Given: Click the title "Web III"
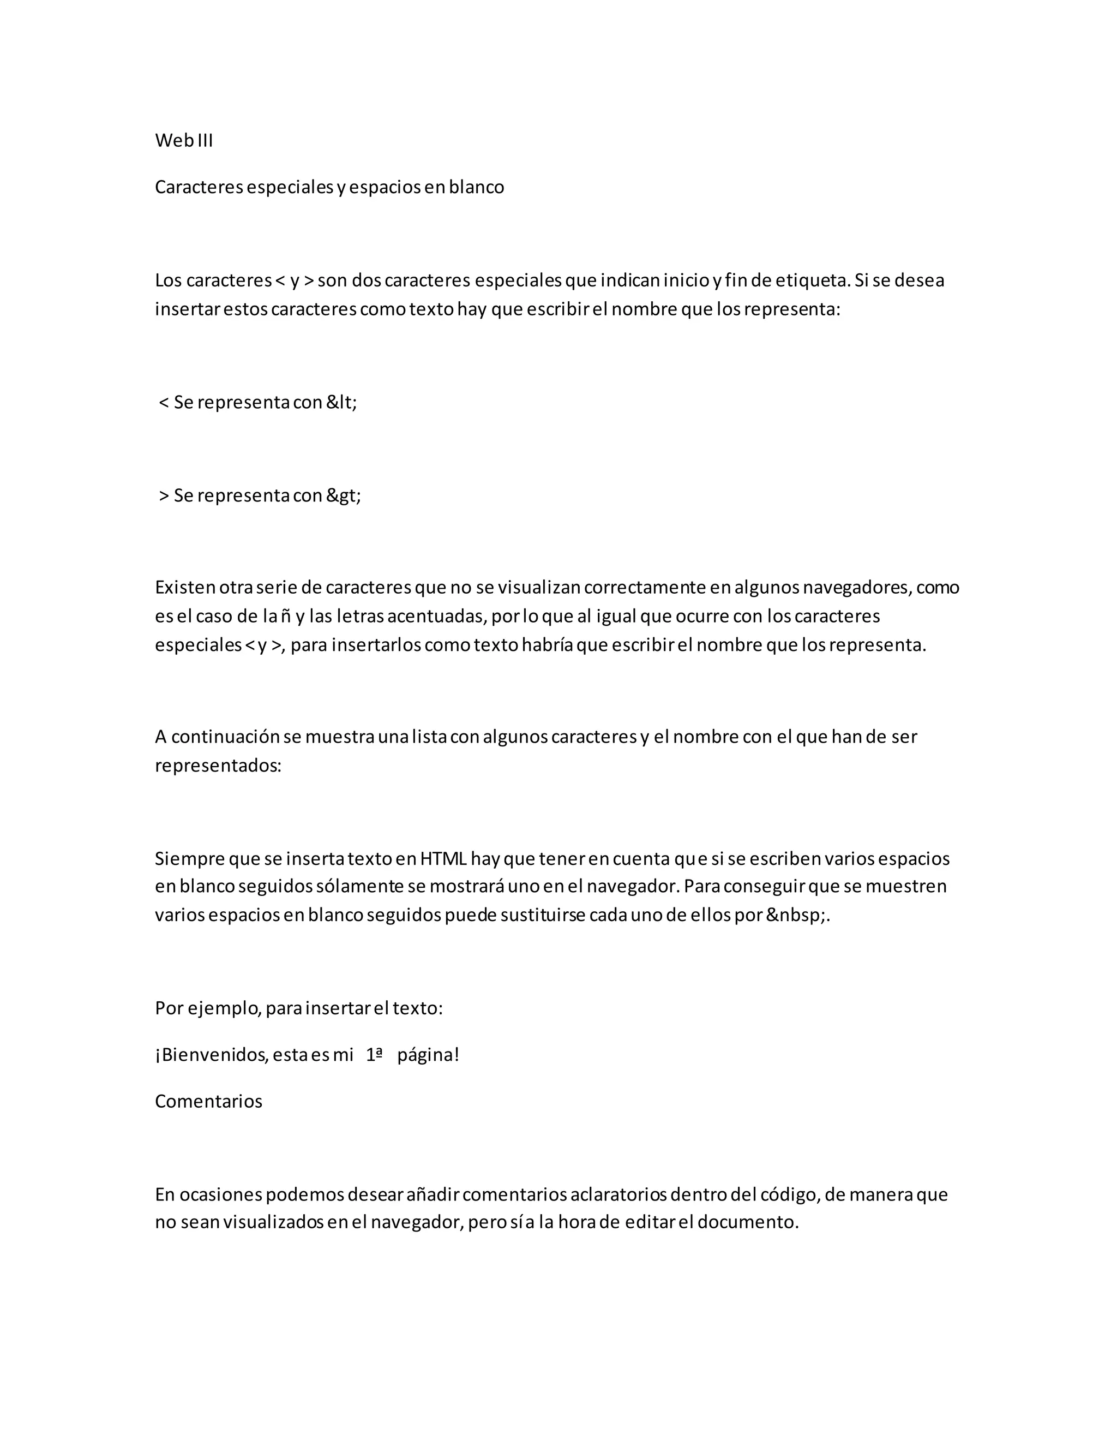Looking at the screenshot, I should point(183,140).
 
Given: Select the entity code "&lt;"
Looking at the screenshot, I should point(341,403).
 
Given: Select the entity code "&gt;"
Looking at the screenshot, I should point(343,496).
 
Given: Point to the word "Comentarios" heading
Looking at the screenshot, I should point(208,1101).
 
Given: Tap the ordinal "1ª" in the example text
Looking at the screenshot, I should point(375,1055).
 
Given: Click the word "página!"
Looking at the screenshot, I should point(428,1055).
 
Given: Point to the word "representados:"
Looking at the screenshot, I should point(218,766).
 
